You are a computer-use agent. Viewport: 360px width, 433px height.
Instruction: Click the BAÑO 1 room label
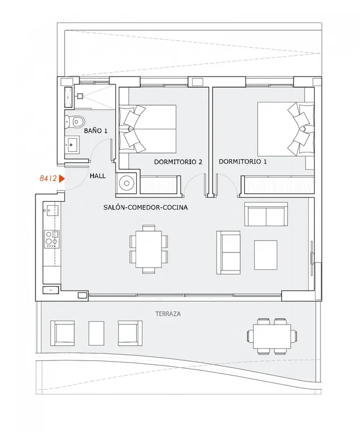[x=96, y=130]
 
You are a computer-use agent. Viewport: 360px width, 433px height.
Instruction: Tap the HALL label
[x=97, y=175]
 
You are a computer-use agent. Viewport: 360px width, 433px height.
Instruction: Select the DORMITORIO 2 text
[x=178, y=162]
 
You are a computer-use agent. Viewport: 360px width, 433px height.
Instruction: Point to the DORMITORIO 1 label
[x=242, y=161]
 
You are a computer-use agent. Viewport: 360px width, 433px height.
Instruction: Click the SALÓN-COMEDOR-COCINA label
[x=146, y=207]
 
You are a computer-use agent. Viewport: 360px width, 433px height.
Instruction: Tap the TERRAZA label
[x=168, y=314]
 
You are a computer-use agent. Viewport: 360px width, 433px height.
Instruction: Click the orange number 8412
[x=48, y=178]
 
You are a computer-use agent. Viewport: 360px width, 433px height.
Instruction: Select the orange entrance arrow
[x=62, y=179]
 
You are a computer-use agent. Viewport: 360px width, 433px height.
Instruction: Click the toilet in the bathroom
[x=75, y=121]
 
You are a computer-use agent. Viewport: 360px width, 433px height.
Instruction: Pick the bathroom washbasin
[x=72, y=145]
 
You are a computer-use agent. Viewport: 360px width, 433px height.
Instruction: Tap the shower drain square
[x=80, y=96]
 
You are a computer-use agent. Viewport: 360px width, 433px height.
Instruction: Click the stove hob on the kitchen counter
[x=52, y=239]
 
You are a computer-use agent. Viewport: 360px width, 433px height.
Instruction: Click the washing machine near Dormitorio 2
[x=127, y=183]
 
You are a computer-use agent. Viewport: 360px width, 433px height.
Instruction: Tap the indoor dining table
[x=148, y=249]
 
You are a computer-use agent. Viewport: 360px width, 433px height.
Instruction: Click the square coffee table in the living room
[x=265, y=255]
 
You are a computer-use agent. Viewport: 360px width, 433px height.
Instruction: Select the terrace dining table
[x=272, y=337]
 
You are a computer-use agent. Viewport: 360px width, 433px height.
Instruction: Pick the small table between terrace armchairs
[x=96, y=333]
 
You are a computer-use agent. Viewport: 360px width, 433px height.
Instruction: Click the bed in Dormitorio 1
[x=286, y=129]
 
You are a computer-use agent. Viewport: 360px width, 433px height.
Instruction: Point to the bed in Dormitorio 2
[x=147, y=129]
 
